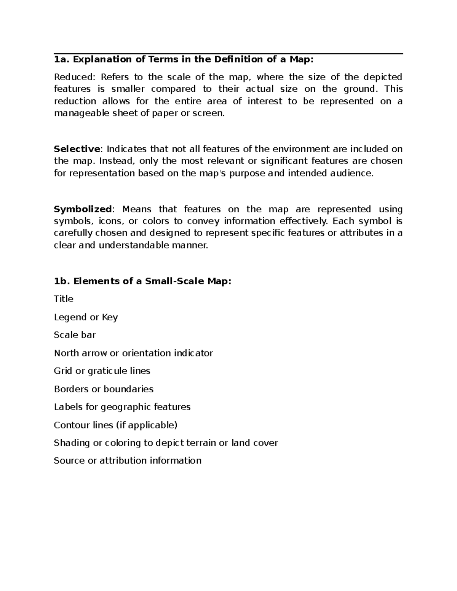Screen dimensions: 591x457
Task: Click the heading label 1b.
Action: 61,281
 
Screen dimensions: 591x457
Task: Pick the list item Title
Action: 64,299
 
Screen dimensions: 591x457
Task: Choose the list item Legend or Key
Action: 86,317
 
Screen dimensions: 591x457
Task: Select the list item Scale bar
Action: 75,335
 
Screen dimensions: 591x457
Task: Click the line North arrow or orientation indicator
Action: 133,353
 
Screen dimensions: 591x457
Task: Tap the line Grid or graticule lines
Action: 102,371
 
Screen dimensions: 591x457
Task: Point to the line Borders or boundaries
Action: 104,389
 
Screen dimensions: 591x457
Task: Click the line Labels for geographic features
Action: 122,407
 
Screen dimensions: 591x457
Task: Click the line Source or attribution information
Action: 128,461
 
